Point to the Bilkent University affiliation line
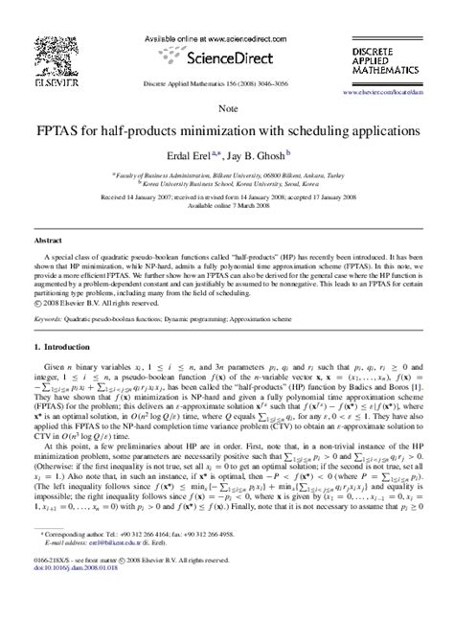(x=227, y=175)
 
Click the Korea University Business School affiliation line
(x=227, y=183)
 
